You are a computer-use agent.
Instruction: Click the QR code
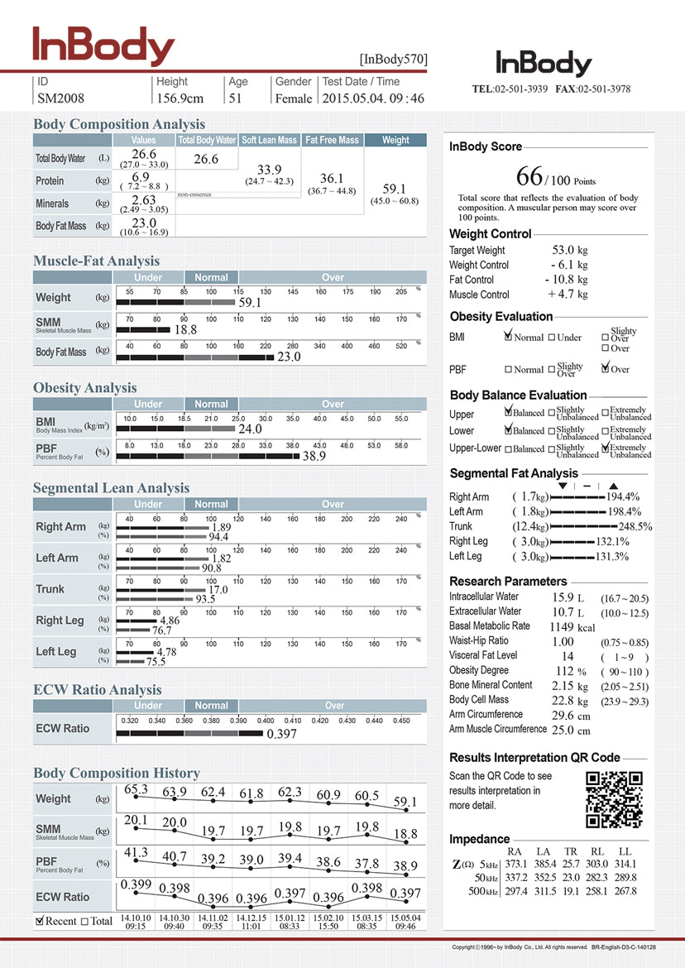click(x=614, y=799)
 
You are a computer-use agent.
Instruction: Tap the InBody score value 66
click(x=529, y=176)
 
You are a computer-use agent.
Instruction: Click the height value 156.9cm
click(x=180, y=98)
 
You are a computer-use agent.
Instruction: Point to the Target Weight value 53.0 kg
click(x=570, y=250)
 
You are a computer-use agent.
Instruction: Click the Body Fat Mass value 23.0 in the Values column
click(x=143, y=223)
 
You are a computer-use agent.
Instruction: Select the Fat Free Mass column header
click(x=332, y=141)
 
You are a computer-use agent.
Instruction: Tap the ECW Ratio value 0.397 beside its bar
click(x=281, y=734)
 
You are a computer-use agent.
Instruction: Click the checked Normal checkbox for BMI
click(x=509, y=338)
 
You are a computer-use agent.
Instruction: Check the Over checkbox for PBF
click(x=606, y=369)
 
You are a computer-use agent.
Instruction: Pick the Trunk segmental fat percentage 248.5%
click(x=635, y=526)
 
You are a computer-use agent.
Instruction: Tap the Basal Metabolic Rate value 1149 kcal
click(x=573, y=626)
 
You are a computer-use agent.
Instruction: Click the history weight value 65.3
click(x=136, y=790)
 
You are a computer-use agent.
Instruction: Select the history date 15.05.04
click(x=405, y=918)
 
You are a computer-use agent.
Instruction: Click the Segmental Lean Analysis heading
click(x=112, y=488)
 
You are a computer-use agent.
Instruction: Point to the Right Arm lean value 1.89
click(x=221, y=527)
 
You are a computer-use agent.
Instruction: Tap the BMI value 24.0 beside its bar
click(x=250, y=429)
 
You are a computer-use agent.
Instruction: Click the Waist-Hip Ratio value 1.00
click(x=563, y=641)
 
